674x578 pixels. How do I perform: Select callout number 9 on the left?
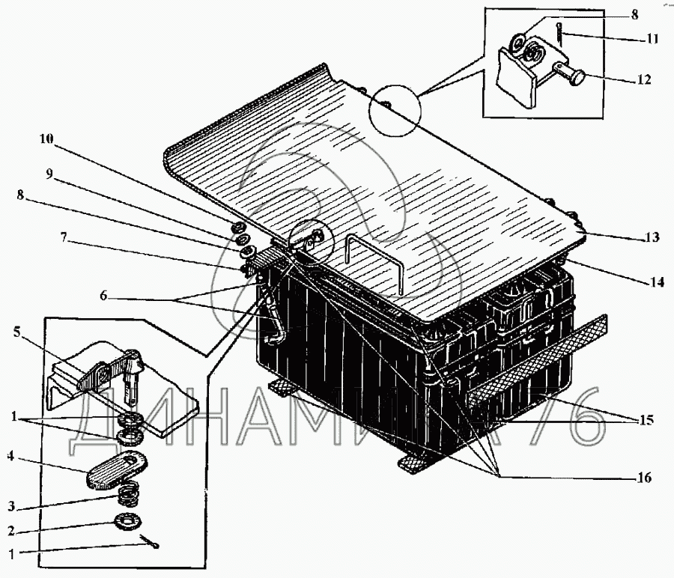49,173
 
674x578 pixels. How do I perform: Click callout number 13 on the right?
651,238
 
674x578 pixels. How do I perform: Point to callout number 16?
643,478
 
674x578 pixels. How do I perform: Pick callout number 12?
643,79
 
